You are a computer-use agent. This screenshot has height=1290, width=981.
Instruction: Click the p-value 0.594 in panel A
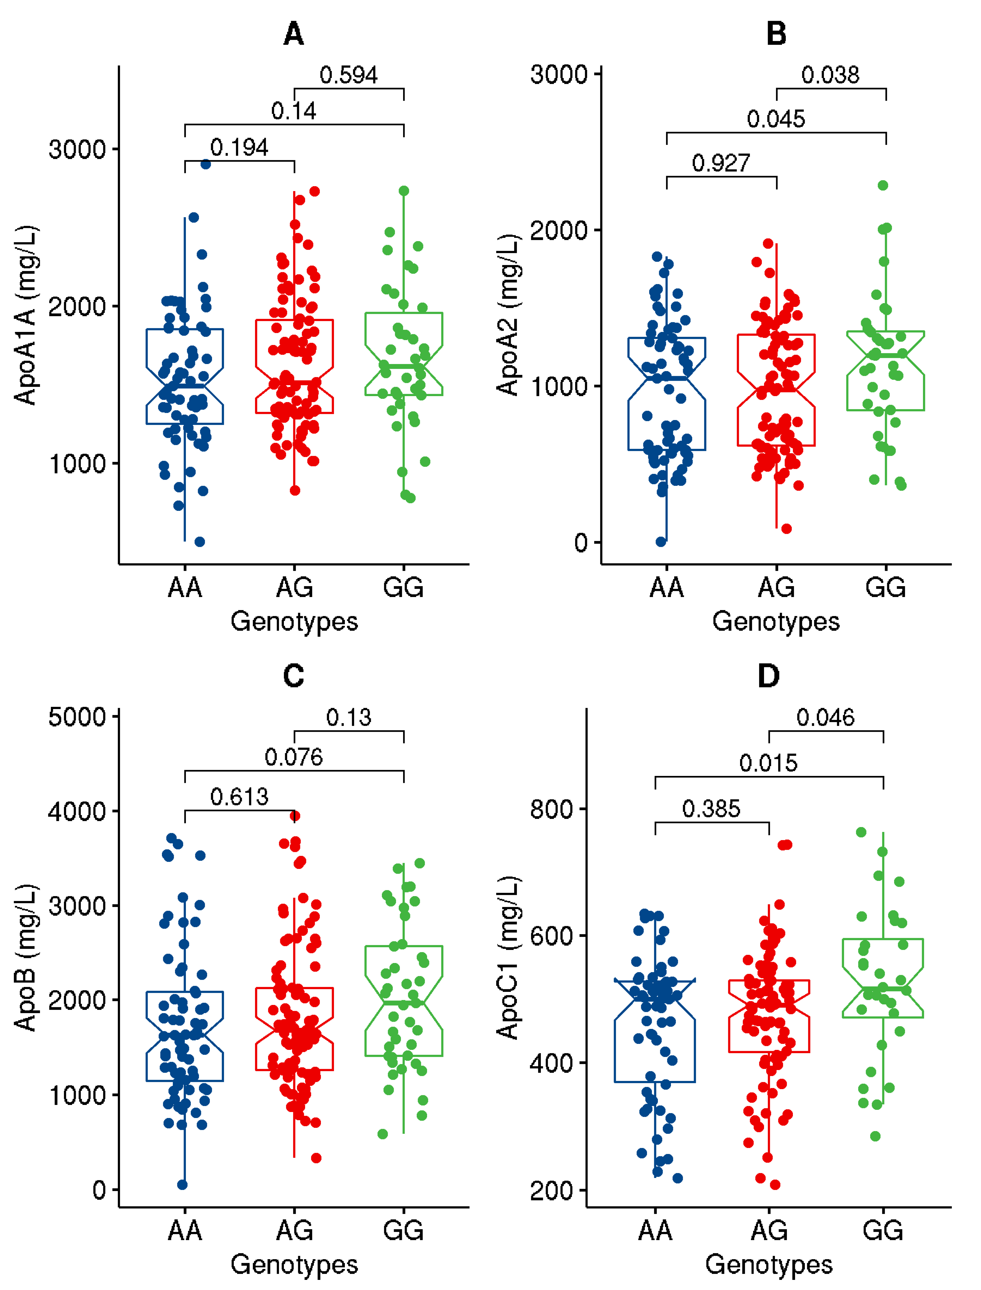click(x=349, y=75)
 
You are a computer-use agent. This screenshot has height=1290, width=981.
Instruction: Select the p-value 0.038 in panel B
click(x=830, y=75)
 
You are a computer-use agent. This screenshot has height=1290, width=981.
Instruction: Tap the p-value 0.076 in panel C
click(x=294, y=757)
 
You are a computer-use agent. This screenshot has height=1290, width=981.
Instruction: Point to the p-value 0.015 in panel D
click(x=768, y=763)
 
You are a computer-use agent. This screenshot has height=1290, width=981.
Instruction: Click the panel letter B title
click(x=776, y=34)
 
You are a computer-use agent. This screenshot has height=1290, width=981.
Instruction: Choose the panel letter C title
click(x=294, y=676)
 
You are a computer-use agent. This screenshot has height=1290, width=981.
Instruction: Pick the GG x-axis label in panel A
click(x=404, y=587)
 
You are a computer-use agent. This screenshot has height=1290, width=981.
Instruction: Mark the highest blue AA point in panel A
click(x=206, y=164)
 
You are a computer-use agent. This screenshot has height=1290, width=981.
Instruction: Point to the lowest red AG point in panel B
click(x=786, y=529)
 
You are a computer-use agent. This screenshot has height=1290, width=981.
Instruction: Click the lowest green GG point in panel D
click(x=875, y=1136)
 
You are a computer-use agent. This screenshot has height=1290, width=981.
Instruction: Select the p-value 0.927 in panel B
click(x=721, y=163)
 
